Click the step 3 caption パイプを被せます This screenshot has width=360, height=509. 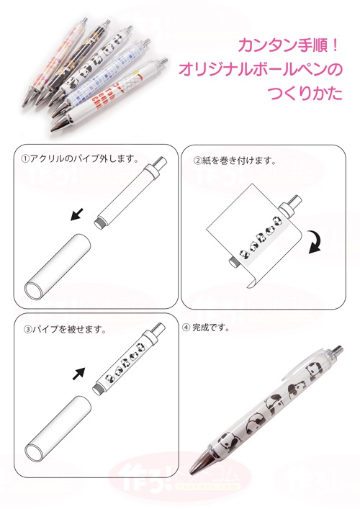pyautogui.click(x=69, y=330)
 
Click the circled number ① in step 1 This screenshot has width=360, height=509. pyautogui.click(x=24, y=158)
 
